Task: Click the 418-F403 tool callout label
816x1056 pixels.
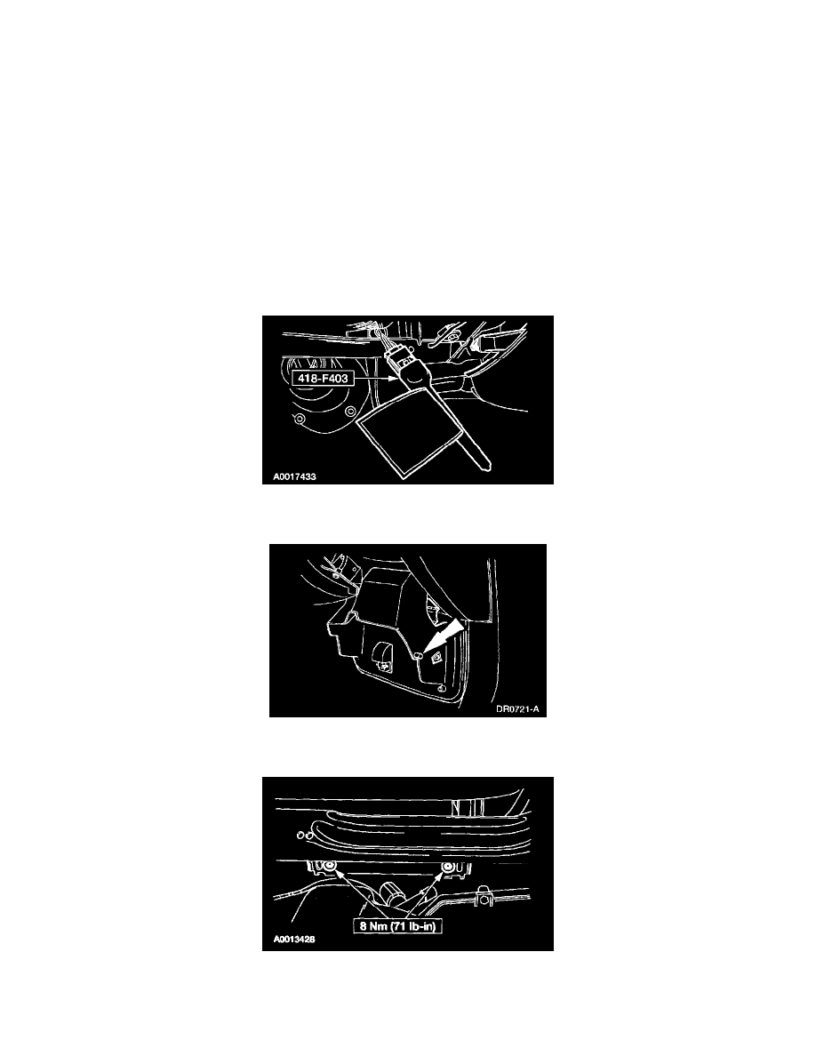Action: point(324,379)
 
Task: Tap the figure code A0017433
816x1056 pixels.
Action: point(294,476)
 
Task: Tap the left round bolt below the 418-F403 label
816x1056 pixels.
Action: point(301,420)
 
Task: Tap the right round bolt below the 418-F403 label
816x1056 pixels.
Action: point(348,412)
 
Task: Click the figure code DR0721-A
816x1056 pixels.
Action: point(517,709)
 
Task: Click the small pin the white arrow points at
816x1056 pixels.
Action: point(418,654)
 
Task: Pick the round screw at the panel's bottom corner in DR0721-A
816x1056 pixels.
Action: point(440,688)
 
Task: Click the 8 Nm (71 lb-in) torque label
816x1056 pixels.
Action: point(397,927)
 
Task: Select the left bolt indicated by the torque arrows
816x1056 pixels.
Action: point(330,866)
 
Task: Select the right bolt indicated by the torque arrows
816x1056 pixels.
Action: point(446,866)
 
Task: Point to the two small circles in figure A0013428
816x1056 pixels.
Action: point(304,835)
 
